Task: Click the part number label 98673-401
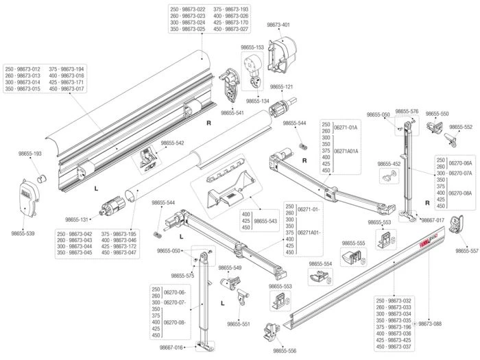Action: pyautogui.click(x=278, y=25)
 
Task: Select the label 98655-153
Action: pyautogui.click(x=252, y=47)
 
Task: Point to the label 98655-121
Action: pyautogui.click(x=280, y=87)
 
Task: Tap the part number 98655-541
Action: pyautogui.click(x=232, y=112)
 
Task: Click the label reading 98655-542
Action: pyautogui.click(x=172, y=143)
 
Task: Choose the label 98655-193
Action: pyautogui.click(x=28, y=154)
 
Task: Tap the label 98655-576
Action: pyautogui.click(x=407, y=111)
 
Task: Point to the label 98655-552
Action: pyautogui.click(x=461, y=128)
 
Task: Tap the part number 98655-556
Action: pyautogui.click(x=285, y=350)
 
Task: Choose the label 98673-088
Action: pyautogui.click(x=430, y=323)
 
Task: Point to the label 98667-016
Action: pyautogui.click(x=171, y=348)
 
